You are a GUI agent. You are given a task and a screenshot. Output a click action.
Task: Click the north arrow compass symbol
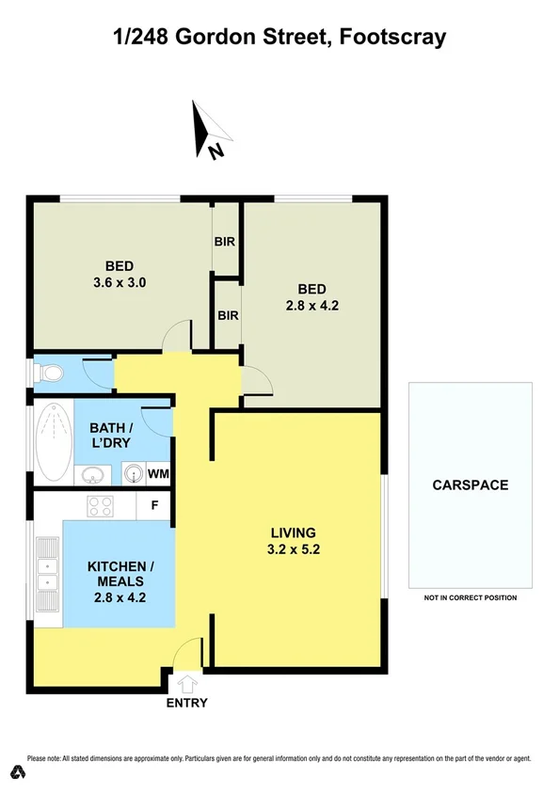(208, 131)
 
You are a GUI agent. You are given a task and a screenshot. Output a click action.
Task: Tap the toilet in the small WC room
(51, 374)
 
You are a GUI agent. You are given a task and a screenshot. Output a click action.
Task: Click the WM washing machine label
(158, 474)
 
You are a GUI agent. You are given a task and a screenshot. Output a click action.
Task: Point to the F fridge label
(154, 506)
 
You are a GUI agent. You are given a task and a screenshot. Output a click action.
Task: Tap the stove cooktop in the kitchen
(100, 506)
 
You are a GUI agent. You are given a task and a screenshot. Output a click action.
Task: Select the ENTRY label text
(186, 703)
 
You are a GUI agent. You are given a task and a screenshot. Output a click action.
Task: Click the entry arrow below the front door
(187, 683)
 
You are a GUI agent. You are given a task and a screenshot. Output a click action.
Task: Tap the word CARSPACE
(470, 485)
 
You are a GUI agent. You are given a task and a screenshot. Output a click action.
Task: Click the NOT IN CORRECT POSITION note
(470, 598)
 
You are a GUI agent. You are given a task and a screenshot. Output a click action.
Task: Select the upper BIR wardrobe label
(225, 243)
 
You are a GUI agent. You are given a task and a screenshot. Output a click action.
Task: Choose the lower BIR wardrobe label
(228, 315)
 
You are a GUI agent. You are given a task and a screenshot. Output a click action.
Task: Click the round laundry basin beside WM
(133, 473)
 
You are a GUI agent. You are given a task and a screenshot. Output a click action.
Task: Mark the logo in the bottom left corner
(16, 773)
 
